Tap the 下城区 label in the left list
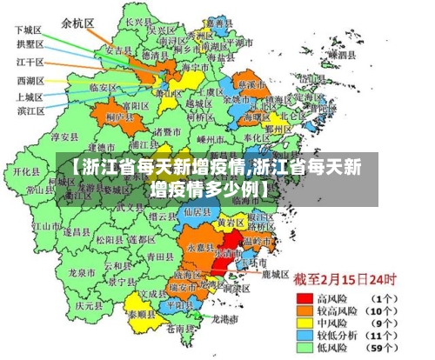point(30,29)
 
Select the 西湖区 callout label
point(30,81)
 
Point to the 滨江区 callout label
point(30,110)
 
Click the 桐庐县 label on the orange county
point(117,117)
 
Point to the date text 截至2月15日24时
point(344,280)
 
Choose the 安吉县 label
point(117,51)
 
